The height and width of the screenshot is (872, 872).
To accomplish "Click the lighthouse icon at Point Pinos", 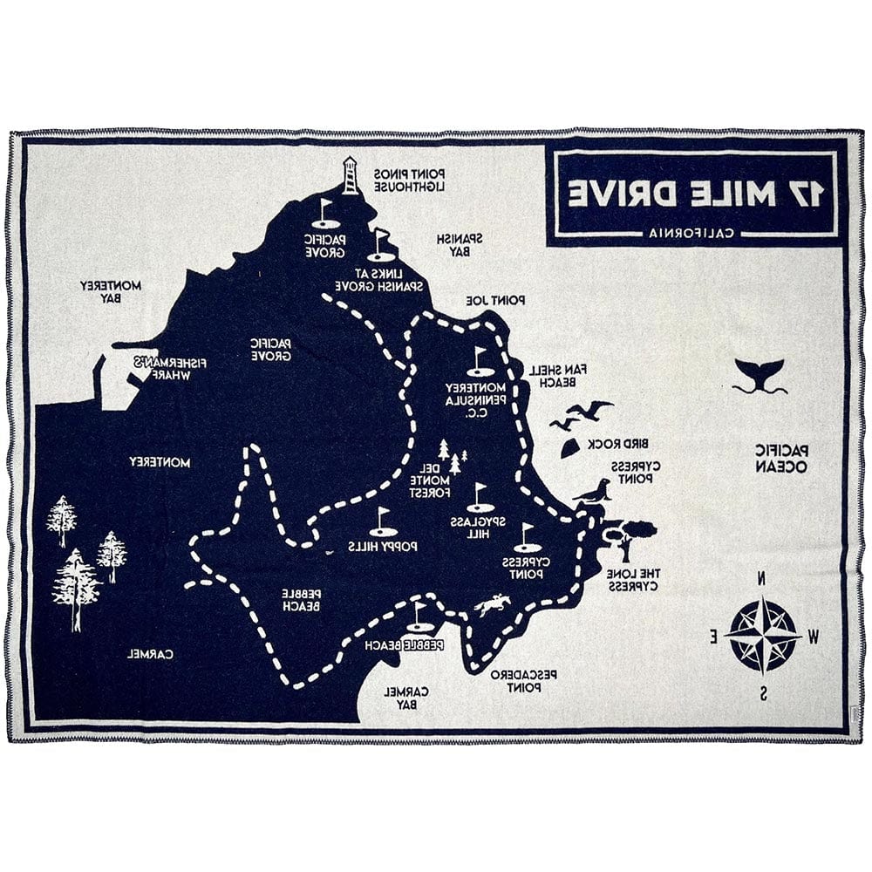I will coord(350,175).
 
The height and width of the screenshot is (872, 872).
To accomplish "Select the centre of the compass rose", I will coord(763,634).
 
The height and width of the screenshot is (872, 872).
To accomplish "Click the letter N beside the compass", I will coord(762,578).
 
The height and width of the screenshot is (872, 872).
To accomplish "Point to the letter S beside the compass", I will coord(763,694).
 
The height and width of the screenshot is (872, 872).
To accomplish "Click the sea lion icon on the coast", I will coord(593,492).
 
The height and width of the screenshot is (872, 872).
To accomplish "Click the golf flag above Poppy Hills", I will coord(382,522).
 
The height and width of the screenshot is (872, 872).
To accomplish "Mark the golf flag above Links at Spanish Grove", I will coord(379,245).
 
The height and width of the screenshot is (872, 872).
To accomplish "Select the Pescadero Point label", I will coord(522,680).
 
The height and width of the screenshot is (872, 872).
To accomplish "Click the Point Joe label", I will coord(495,300).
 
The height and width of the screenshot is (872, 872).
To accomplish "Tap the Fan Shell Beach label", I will coord(558,375).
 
